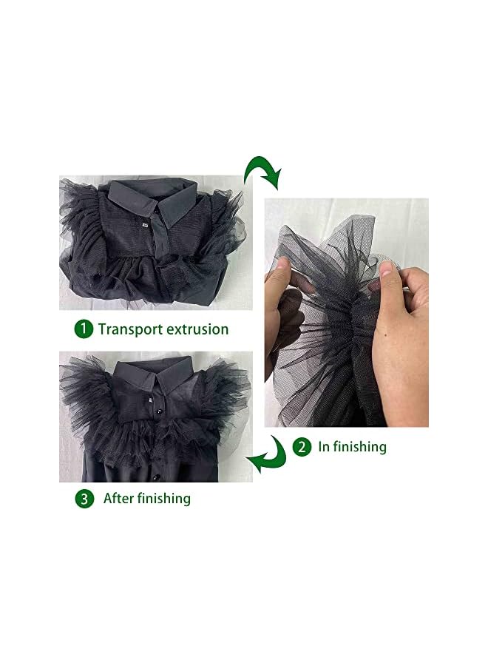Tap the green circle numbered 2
(x=302, y=446)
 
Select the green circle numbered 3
(x=85, y=499)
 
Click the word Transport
(x=130, y=329)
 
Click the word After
(x=119, y=498)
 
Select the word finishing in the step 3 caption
(x=164, y=499)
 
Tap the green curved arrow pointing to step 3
(x=268, y=455)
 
